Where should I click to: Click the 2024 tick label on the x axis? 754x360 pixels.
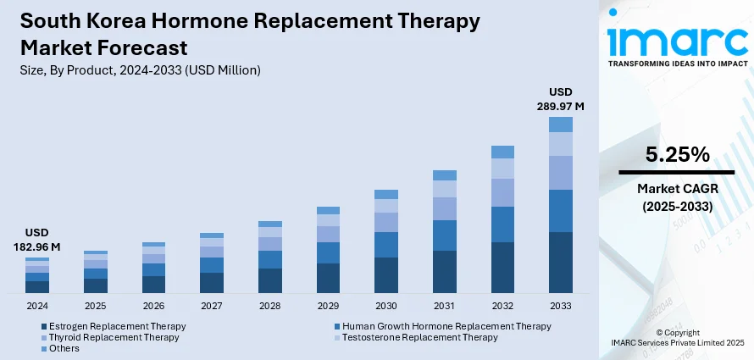pyautogui.click(x=36, y=306)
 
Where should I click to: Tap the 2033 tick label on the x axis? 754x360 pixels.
pyautogui.click(x=561, y=306)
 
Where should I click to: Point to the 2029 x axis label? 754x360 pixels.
pyautogui.click(x=328, y=306)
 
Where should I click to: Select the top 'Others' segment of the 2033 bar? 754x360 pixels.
pyautogui.click(x=561, y=125)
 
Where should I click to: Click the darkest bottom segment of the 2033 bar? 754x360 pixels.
pyautogui.click(x=561, y=263)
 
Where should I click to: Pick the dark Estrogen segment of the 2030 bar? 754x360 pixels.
pyautogui.click(x=386, y=275)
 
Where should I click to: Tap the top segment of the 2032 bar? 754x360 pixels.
pyautogui.click(x=502, y=152)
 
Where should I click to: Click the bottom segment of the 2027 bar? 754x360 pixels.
pyautogui.click(x=212, y=283)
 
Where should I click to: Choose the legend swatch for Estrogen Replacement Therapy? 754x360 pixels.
pyautogui.click(x=43, y=326)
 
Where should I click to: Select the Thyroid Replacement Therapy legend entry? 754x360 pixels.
pyautogui.click(x=114, y=337)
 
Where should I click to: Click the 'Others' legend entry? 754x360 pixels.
pyautogui.click(x=64, y=348)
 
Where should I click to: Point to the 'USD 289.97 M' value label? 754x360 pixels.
pyautogui.click(x=561, y=99)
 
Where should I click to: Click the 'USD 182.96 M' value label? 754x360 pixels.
pyautogui.click(x=36, y=239)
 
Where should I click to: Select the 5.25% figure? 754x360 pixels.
pyautogui.click(x=676, y=154)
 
